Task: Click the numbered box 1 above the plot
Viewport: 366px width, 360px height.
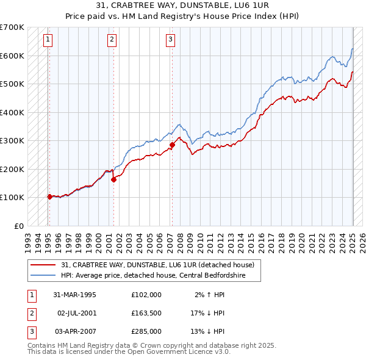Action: pyautogui.click(x=48, y=40)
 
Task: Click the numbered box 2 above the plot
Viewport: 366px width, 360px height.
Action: pyautogui.click(x=112, y=40)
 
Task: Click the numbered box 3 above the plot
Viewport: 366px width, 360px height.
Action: pyautogui.click(x=170, y=40)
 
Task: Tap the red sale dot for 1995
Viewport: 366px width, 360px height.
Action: pyautogui.click(x=49, y=196)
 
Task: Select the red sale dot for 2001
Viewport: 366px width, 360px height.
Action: pyautogui.click(x=113, y=179)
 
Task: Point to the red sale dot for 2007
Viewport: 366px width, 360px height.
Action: pyautogui.click(x=172, y=145)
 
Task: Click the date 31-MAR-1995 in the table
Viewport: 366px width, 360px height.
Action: pyautogui.click(x=75, y=295)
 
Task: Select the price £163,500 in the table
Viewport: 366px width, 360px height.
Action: pyautogui.click(x=146, y=313)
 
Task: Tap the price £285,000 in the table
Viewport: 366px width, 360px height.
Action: pyautogui.click(x=146, y=331)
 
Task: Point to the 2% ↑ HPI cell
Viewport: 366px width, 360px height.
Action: pyautogui.click(x=208, y=295)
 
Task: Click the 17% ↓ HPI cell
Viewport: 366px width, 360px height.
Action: pyautogui.click(x=208, y=313)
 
